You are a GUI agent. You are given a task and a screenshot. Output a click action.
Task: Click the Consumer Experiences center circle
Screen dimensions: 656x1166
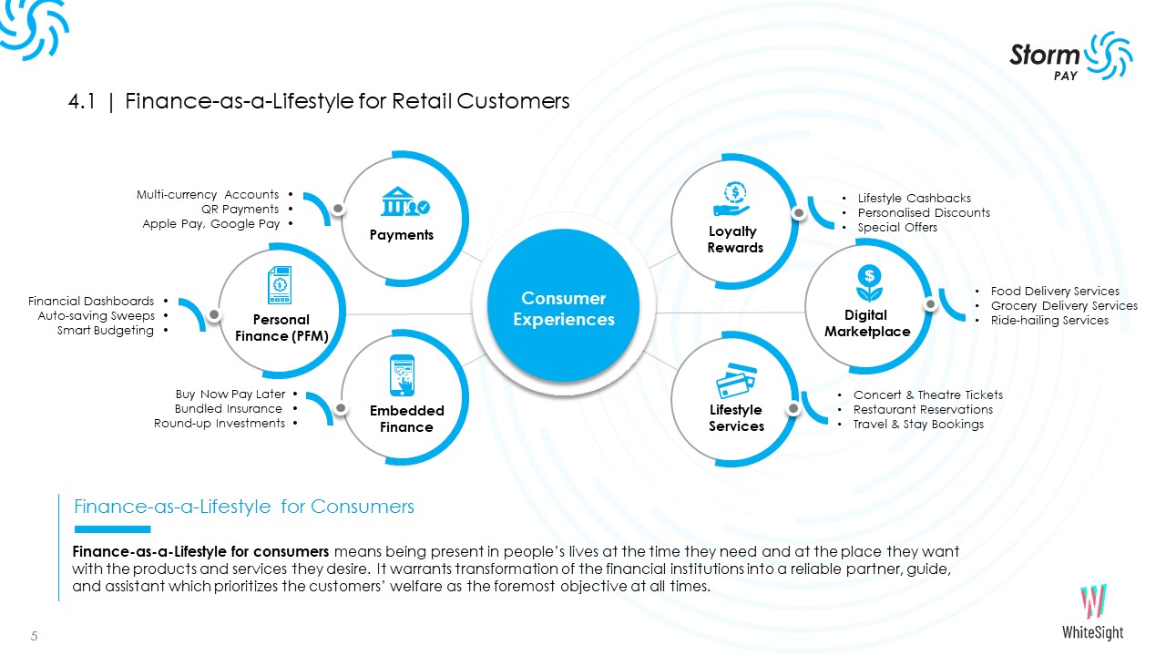pyautogui.click(x=564, y=309)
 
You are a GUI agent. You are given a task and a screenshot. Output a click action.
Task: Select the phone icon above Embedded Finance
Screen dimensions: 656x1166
pyautogui.click(x=405, y=375)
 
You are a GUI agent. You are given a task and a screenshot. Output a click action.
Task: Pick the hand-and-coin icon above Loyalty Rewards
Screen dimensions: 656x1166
pyautogui.click(x=733, y=199)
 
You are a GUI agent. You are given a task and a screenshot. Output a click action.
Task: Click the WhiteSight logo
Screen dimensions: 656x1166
pyautogui.click(x=1092, y=612)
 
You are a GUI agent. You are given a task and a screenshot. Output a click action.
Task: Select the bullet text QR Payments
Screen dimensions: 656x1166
pyautogui.click(x=240, y=210)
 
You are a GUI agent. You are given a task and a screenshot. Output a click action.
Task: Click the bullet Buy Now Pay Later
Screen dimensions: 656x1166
pyautogui.click(x=230, y=395)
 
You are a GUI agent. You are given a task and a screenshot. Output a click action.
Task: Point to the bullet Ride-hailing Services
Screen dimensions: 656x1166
pyautogui.click(x=1049, y=321)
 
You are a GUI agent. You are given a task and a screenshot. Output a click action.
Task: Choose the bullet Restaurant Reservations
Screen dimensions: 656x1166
pyautogui.click(x=922, y=410)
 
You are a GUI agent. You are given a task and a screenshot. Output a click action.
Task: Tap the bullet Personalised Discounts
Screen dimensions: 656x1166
pyautogui.click(x=923, y=213)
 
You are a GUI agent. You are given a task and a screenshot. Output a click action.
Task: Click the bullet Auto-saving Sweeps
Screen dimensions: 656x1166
pyautogui.click(x=96, y=316)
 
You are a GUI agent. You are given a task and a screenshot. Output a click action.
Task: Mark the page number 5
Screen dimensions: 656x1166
pyautogui.click(x=35, y=636)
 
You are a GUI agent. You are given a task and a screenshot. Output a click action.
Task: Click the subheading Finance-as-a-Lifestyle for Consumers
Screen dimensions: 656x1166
pyautogui.click(x=244, y=507)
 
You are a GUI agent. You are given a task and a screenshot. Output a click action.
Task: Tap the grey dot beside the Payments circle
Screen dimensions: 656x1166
pyautogui.click(x=338, y=209)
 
